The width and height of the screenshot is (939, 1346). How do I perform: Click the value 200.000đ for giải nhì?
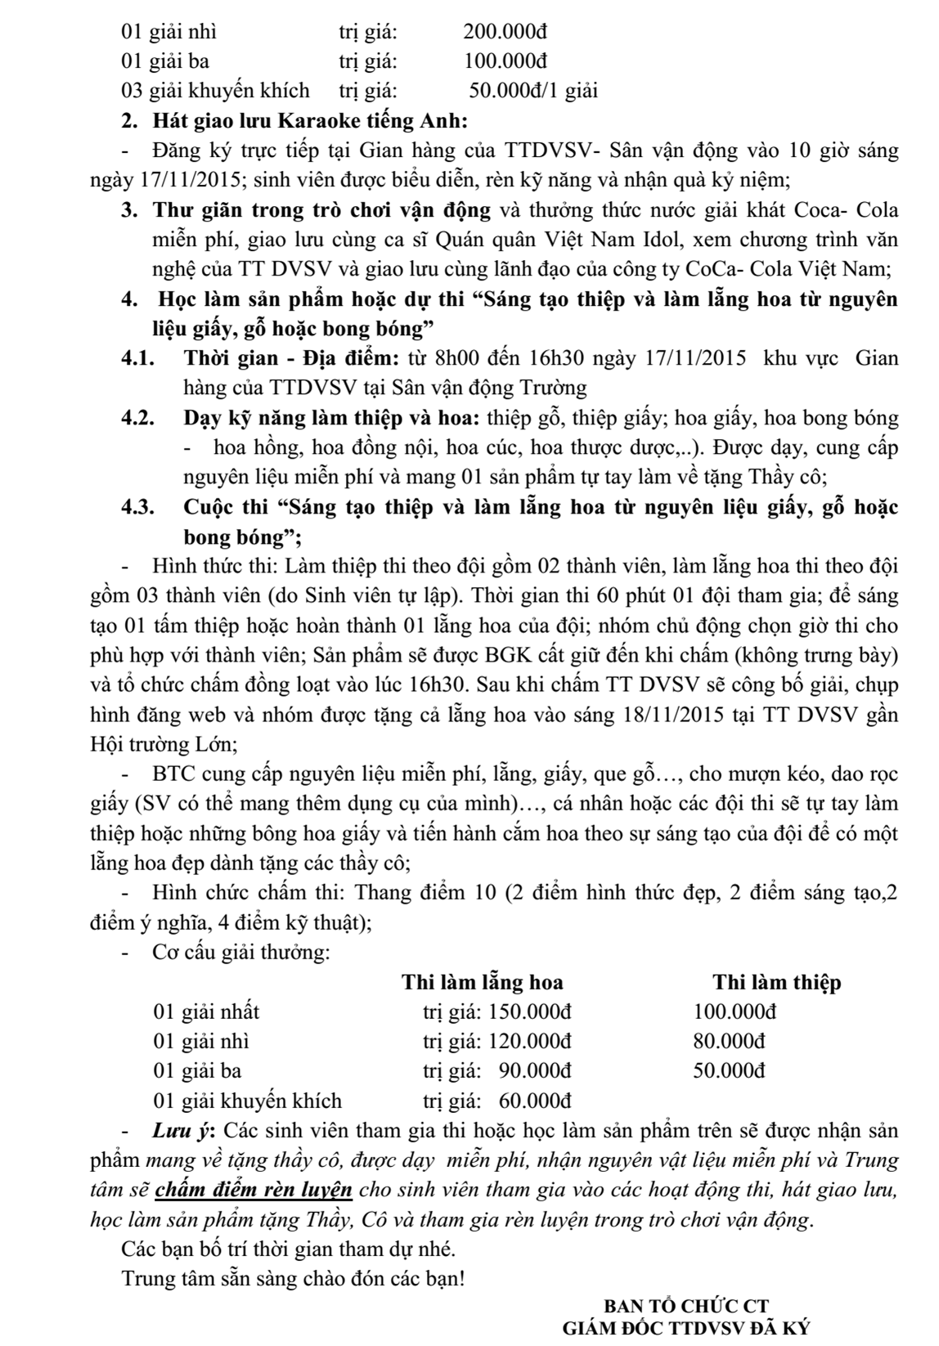tap(505, 33)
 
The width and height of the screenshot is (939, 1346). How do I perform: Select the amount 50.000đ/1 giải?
tap(533, 90)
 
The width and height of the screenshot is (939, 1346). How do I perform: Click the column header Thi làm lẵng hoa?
tap(482, 982)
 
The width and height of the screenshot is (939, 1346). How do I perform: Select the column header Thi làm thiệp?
tap(776, 982)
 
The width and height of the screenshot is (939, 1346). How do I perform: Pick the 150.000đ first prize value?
tap(530, 1012)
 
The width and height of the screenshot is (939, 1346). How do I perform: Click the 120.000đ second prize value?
tap(530, 1041)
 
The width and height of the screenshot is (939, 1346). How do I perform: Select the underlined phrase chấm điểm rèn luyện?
tap(254, 1190)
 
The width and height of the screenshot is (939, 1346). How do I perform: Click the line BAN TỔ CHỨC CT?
tap(685, 1307)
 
